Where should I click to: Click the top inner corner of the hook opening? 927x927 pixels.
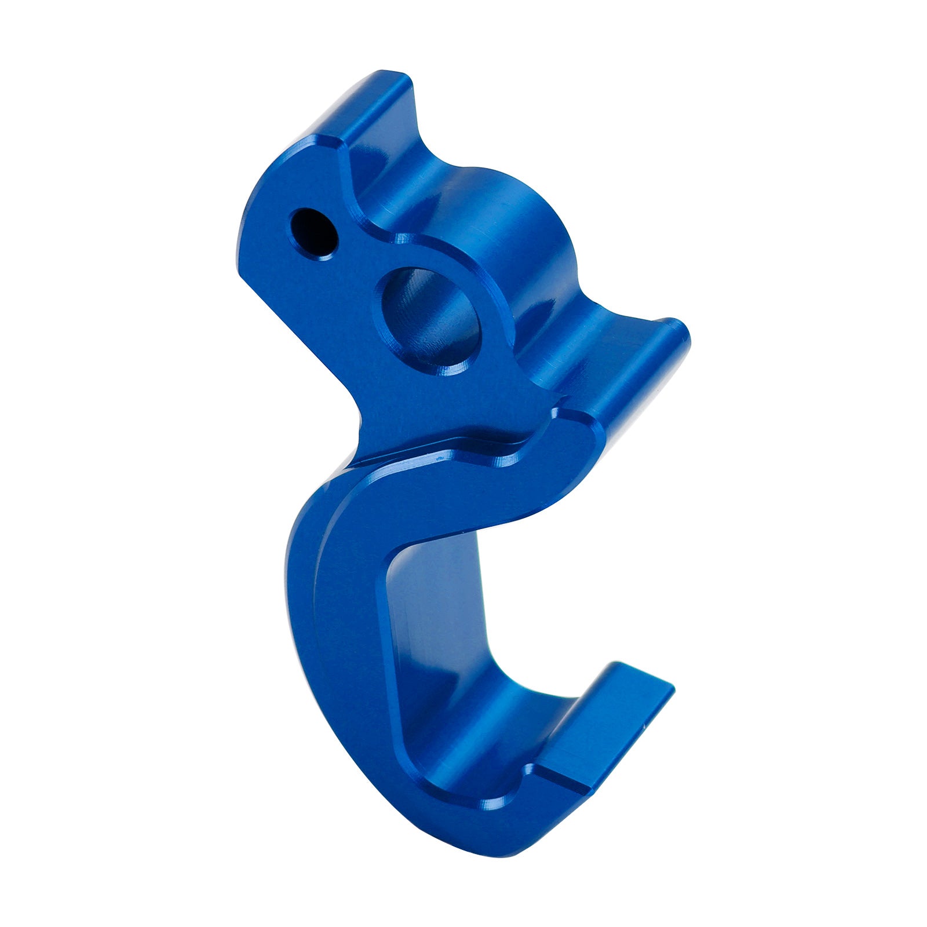[x=406, y=556]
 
